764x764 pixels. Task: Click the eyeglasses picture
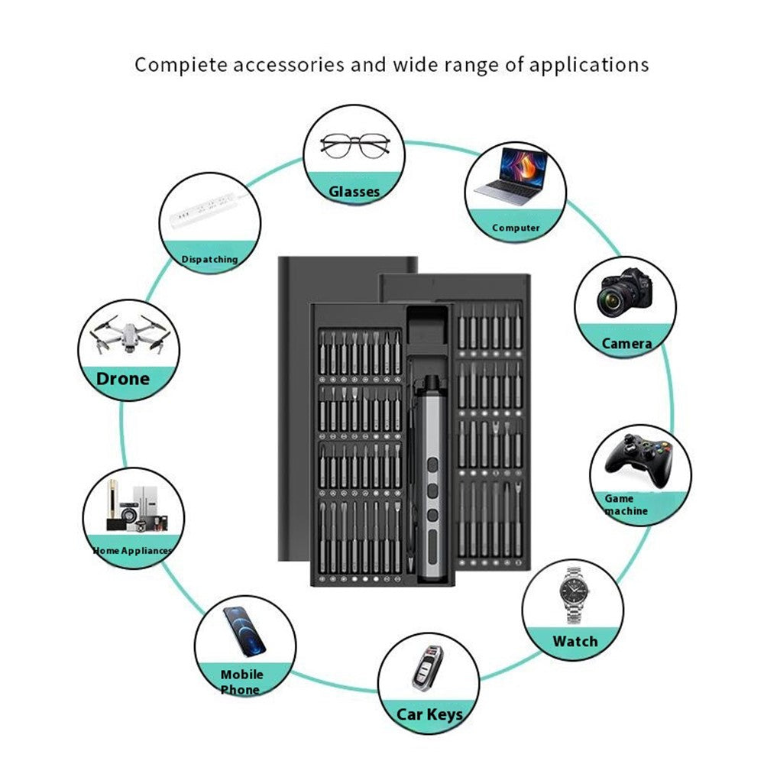click(x=354, y=146)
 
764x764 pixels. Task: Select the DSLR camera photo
click(x=626, y=293)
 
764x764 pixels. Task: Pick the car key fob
click(x=428, y=668)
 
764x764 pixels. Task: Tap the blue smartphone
click(x=244, y=632)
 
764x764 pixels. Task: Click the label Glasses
click(x=354, y=192)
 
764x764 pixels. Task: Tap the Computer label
click(x=516, y=228)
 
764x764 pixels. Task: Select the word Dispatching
click(x=209, y=259)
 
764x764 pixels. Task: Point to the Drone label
click(x=123, y=379)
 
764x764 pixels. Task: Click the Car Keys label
click(x=429, y=714)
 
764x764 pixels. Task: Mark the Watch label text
click(x=575, y=641)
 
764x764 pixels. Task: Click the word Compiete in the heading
click(x=181, y=65)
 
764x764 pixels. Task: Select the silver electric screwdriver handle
click(x=431, y=479)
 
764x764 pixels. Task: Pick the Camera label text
click(x=626, y=344)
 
